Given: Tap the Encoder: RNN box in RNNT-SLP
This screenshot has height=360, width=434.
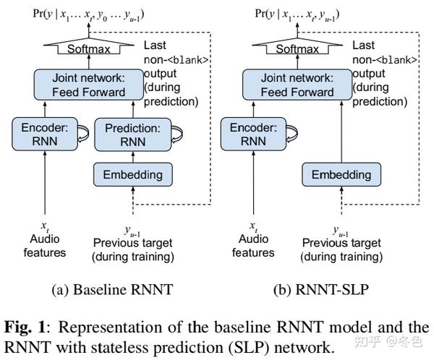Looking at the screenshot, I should [249, 133].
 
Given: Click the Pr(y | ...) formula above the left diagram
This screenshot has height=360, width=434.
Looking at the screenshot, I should [85, 14].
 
